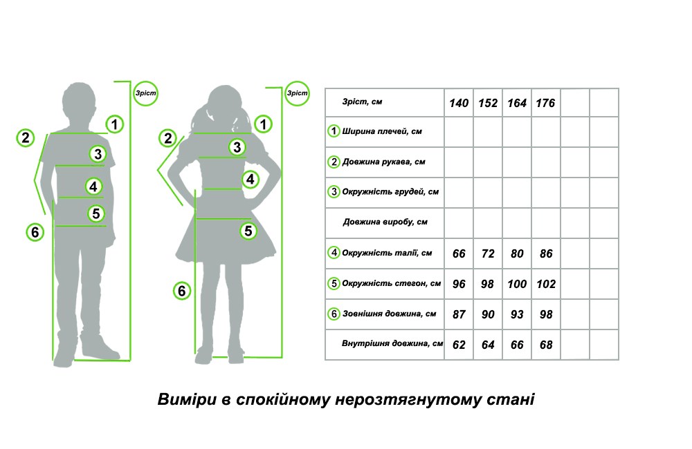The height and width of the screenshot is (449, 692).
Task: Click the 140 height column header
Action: click(459, 103)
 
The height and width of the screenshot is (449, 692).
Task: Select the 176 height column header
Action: click(545, 103)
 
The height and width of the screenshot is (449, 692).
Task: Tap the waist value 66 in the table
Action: click(459, 254)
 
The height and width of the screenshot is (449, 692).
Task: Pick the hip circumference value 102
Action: click(546, 284)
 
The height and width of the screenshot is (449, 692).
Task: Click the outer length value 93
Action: click(517, 314)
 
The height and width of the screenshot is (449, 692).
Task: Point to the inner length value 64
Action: click(488, 345)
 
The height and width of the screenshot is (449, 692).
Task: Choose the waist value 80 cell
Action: click(517, 254)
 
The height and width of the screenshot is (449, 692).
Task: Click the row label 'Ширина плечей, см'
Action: click(382, 131)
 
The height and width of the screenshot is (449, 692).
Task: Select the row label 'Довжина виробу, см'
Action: click(385, 222)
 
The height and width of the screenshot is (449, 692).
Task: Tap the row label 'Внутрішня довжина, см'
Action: click(392, 344)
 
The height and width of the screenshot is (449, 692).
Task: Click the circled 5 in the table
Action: click(334, 283)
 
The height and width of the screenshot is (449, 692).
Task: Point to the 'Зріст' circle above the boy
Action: click(145, 93)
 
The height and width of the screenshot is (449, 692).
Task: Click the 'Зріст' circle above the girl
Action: click(297, 93)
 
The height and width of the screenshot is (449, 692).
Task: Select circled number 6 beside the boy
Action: click(35, 232)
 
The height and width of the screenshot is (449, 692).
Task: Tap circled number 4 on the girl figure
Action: click(251, 180)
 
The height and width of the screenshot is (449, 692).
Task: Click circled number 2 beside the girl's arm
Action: click(167, 138)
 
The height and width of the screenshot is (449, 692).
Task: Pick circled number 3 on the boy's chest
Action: click(98, 154)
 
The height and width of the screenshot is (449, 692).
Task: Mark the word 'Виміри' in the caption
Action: click(187, 399)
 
